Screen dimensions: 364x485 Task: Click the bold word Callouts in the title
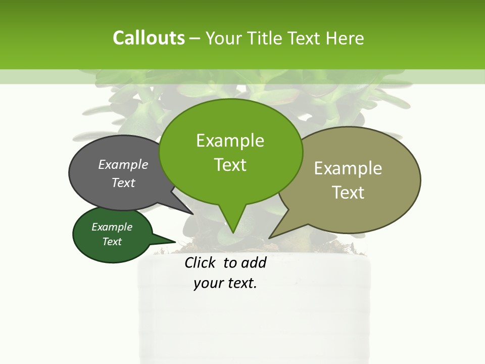[149, 38]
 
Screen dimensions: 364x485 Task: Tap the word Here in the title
[345, 38]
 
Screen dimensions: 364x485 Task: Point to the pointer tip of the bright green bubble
[232, 232]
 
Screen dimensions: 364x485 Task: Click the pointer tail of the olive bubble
[271, 236]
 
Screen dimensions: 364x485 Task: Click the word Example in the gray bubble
[123, 164]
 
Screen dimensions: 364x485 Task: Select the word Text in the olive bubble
[348, 193]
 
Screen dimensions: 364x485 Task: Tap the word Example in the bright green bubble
[230, 140]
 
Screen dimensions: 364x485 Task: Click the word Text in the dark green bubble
[112, 242]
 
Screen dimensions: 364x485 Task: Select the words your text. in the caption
[225, 283]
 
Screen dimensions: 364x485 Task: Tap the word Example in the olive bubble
[348, 168]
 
